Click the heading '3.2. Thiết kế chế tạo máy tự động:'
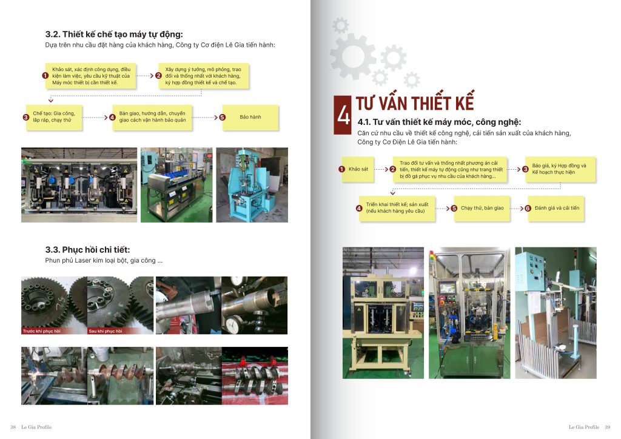[114, 35]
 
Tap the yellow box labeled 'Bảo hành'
[250, 117]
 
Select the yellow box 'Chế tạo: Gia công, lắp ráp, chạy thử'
[54, 117]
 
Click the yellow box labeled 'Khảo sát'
[358, 169]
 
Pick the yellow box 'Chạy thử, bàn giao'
[482, 208]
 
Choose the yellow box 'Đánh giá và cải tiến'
[557, 208]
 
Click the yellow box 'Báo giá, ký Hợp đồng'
[560, 169]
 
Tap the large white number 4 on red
[343, 115]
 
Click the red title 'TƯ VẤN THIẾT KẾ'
[415, 103]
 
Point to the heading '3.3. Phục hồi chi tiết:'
[87, 250]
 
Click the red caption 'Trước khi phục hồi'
[42, 331]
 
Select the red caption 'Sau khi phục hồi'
[106, 331]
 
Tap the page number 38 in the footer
[13, 427]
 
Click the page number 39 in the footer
[608, 427]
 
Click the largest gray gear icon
[352, 56]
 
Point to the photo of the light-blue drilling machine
[252, 185]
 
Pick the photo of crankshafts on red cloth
[255, 376]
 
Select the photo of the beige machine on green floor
[383, 313]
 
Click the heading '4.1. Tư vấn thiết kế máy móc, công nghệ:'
[439, 122]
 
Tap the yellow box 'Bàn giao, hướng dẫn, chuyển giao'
[152, 117]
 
